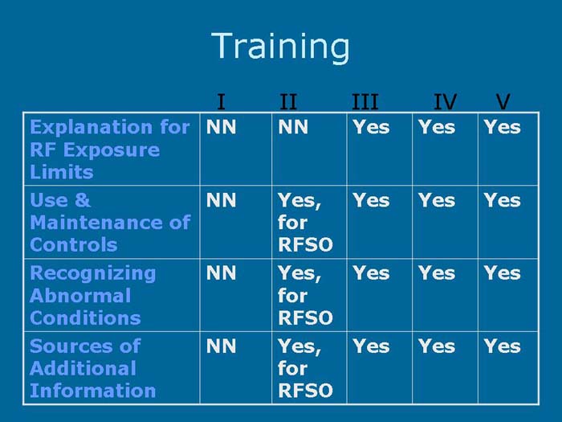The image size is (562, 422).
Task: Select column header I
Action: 221,102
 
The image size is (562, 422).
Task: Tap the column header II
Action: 288,102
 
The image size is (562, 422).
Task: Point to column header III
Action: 364,102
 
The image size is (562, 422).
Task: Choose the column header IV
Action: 445,102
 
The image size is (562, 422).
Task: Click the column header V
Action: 503,102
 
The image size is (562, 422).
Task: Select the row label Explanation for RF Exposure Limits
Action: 109,150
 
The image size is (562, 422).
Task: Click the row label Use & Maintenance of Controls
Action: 109,223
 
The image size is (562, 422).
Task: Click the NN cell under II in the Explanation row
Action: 294,127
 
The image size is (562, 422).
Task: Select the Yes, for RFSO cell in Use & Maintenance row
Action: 299,223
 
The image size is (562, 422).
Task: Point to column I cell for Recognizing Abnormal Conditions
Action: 222,273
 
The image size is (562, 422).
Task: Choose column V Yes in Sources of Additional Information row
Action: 502,346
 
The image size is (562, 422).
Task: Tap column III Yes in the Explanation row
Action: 371,127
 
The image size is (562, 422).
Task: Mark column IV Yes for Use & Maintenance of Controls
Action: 436,200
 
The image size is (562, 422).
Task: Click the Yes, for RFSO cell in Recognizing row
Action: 299,295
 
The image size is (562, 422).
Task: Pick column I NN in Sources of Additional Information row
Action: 222,346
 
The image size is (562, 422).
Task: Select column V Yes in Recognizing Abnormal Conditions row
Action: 502,273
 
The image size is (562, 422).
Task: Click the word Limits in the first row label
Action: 61,172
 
